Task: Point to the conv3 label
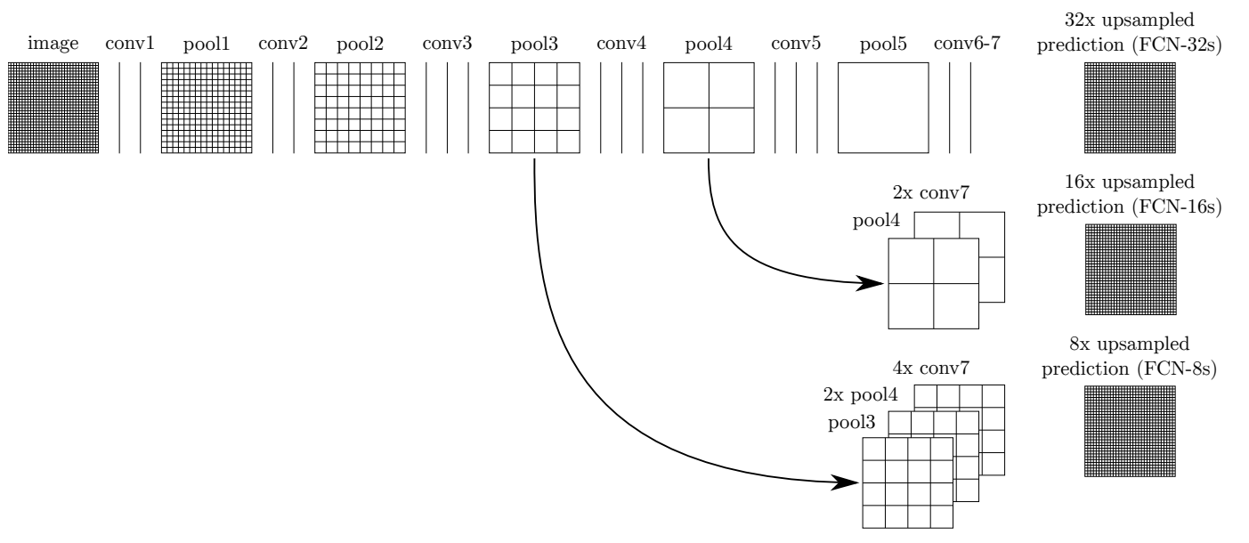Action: [447, 43]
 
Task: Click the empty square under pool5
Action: [883, 109]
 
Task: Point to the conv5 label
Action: [796, 43]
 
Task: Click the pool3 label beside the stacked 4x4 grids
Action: [845, 422]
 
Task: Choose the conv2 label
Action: [282, 43]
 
